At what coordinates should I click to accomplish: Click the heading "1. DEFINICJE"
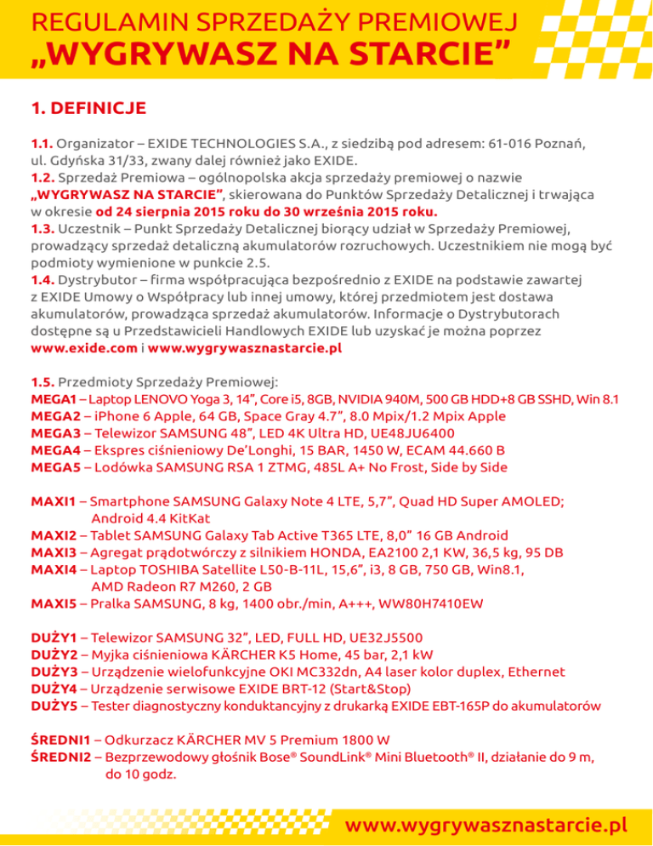77,108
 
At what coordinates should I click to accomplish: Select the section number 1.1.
42,142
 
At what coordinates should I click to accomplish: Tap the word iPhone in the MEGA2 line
121,416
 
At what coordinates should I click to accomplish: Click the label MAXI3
54,552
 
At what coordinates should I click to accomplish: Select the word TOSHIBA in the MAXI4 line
178,569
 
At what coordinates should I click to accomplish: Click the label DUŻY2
54,655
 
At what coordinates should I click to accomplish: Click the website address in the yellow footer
492,825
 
